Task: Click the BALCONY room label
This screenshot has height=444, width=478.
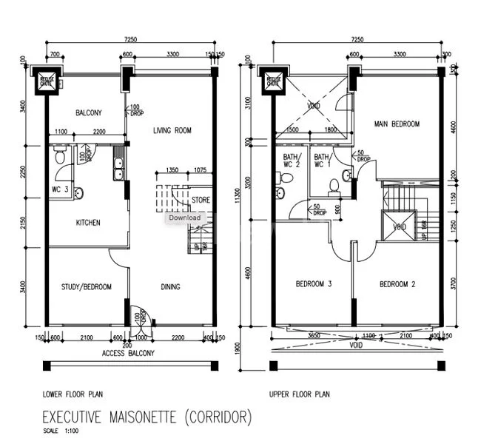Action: point(88,113)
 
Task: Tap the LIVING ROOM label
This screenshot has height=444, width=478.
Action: point(172,131)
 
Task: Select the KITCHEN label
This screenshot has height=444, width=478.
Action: point(88,223)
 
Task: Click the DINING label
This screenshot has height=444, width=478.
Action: point(171,287)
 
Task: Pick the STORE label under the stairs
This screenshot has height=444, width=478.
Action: point(201,200)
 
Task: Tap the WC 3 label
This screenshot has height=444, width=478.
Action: point(60,190)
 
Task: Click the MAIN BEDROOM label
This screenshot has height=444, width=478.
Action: point(397,124)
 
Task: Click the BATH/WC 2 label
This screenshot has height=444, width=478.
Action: point(290,161)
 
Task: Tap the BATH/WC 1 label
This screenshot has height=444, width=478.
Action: point(322,161)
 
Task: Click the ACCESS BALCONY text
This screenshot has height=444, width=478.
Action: point(128,354)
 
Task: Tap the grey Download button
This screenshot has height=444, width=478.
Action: point(184,218)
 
